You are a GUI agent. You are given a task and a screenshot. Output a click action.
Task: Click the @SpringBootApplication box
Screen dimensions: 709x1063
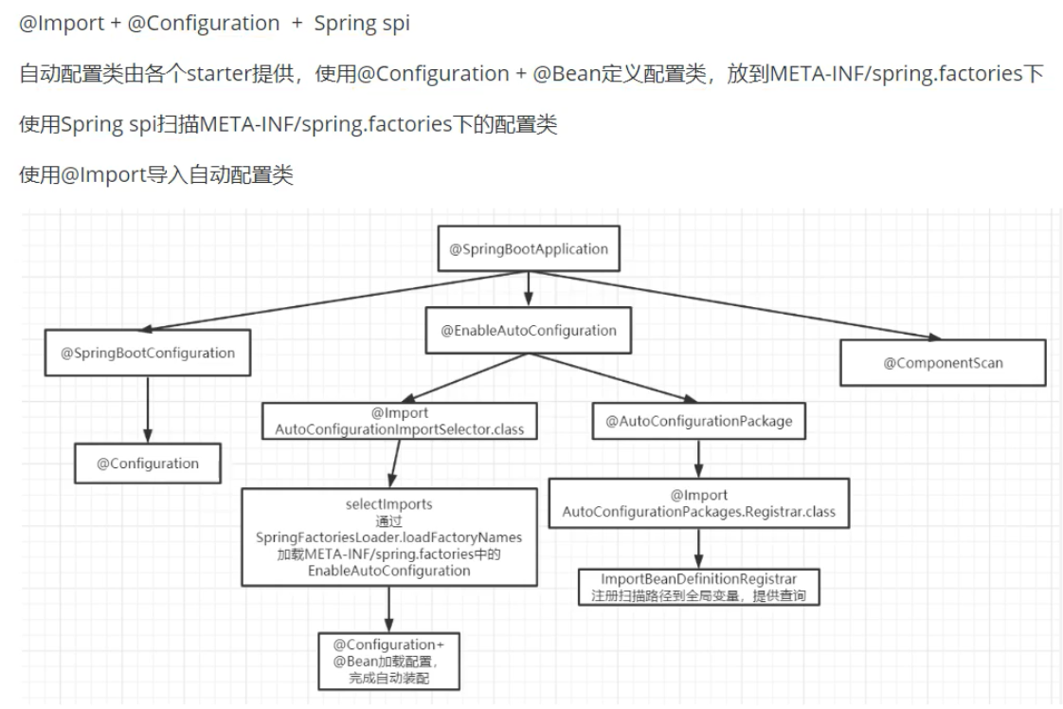click(529, 249)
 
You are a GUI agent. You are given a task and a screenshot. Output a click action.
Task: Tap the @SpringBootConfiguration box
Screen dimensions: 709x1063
click(148, 353)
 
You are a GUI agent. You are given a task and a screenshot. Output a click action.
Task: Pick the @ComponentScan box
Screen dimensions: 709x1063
click(943, 362)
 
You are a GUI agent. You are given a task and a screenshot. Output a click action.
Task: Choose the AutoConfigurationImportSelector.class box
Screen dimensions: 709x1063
click(400, 422)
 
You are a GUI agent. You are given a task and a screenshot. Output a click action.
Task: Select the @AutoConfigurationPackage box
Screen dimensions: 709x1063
click(699, 421)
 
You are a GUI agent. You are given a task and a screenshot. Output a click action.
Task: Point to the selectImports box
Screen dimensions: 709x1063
click(389, 536)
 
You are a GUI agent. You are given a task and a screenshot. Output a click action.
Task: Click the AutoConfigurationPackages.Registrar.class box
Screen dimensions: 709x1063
click(699, 503)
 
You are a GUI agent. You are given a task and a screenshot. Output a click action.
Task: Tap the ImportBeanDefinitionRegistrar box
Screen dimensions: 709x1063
click(699, 587)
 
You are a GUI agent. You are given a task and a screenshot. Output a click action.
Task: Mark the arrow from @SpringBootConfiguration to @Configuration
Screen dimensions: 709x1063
click(149, 409)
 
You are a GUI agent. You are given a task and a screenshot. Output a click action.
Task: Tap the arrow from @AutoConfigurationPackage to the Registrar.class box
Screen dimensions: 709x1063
click(699, 461)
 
